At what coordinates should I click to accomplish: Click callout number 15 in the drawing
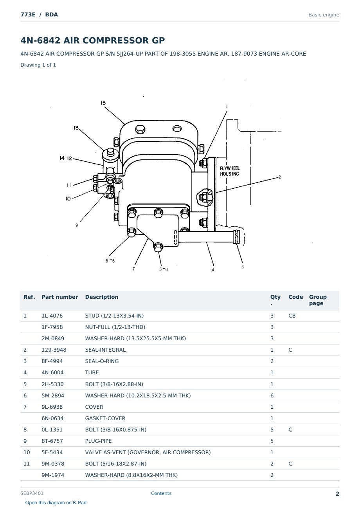pyautogui.click(x=103, y=103)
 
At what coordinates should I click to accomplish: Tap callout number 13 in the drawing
pyautogui.click(x=76, y=128)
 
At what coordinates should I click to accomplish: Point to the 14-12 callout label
pyautogui.click(x=66, y=158)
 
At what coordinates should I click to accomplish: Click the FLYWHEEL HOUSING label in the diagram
pyautogui.click(x=229, y=171)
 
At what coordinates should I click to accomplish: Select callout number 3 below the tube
pyautogui.click(x=243, y=267)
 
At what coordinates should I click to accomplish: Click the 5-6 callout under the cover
pyautogui.click(x=163, y=269)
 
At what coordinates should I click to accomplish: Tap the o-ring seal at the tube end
pyautogui.click(x=237, y=237)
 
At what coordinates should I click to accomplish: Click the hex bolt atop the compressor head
pyautogui.click(x=140, y=129)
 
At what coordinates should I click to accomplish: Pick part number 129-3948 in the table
pyautogui.click(x=54, y=350)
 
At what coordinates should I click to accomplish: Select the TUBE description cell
pyautogui.click(x=92, y=372)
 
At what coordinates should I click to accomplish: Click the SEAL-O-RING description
pyautogui.click(x=102, y=361)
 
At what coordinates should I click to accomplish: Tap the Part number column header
pyautogui.click(x=60, y=297)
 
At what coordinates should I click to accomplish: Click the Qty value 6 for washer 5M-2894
pyautogui.click(x=272, y=395)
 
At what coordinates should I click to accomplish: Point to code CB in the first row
pyautogui.click(x=292, y=316)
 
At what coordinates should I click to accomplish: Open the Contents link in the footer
pyautogui.click(x=161, y=493)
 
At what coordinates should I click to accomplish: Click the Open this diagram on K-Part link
pyautogui.click(x=56, y=503)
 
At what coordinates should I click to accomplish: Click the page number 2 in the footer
pyautogui.click(x=337, y=494)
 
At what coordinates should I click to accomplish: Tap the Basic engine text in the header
pyautogui.click(x=324, y=15)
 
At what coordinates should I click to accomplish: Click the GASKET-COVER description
pyautogui.click(x=105, y=418)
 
